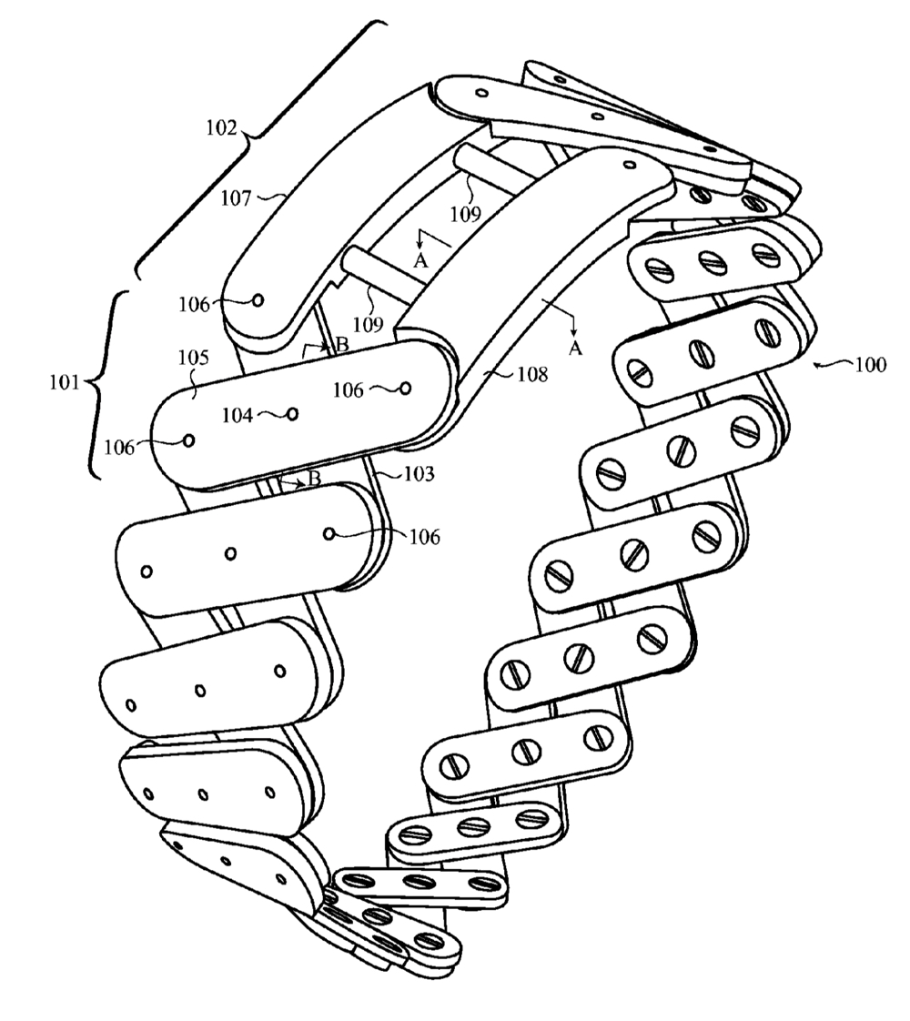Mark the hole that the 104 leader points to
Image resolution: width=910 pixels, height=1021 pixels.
coord(291,414)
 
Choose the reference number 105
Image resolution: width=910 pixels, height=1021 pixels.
coord(193,358)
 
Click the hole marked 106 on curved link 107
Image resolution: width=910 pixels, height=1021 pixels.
coord(258,299)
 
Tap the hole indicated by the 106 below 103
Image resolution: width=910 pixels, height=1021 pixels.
coord(331,533)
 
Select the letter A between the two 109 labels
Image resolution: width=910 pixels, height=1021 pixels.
coord(420,261)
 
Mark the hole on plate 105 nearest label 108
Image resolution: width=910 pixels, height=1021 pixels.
coord(406,389)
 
